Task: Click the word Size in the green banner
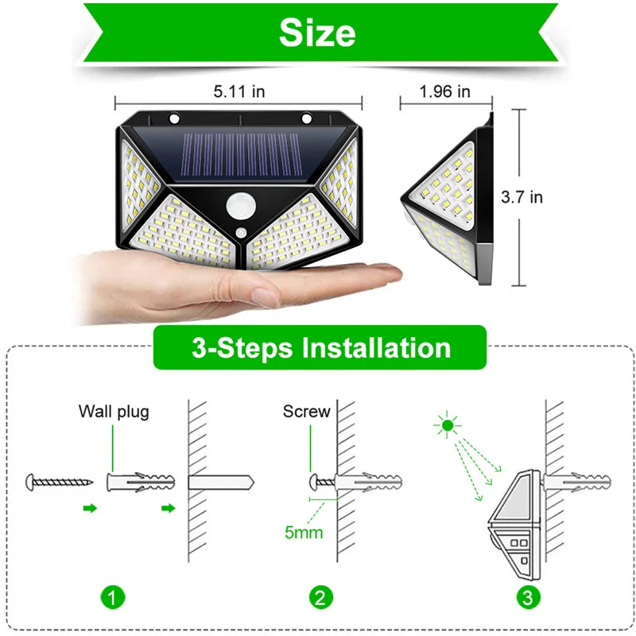pos(317,33)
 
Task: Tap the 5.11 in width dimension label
pos(238,91)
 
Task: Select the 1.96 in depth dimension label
pos(445,91)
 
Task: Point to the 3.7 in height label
pos(523,196)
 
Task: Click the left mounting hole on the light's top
pos(173,119)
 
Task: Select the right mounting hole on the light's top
pos(306,119)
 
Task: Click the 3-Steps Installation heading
pos(320,347)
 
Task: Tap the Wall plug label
pos(113,412)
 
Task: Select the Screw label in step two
pos(306,412)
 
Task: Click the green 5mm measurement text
pos(304,532)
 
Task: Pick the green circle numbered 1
pos(113,597)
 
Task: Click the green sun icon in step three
pos(448,427)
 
